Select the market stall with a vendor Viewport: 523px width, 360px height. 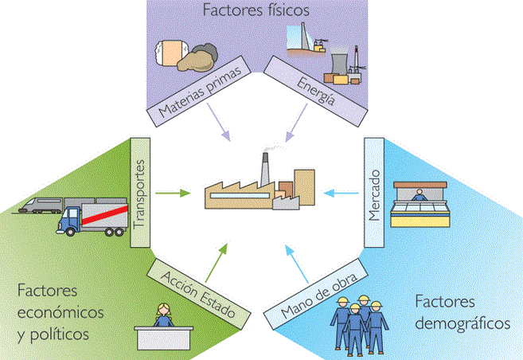pyautogui.click(x=420, y=206)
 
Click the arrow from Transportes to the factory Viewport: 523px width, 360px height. pyautogui.click(x=174, y=192)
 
